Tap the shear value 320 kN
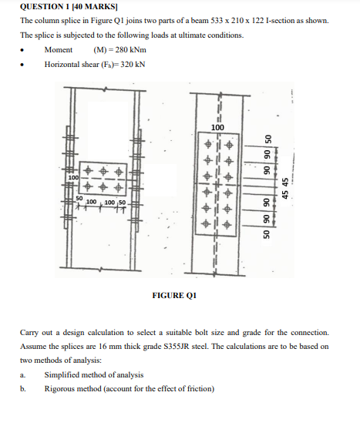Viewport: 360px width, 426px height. tap(129, 63)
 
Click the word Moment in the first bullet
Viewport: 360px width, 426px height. tap(59, 49)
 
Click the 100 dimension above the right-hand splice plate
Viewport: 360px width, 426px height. tap(218, 126)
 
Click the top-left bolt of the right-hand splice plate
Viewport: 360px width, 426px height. tap(207, 144)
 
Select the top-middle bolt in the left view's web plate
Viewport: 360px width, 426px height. tap(103, 169)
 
